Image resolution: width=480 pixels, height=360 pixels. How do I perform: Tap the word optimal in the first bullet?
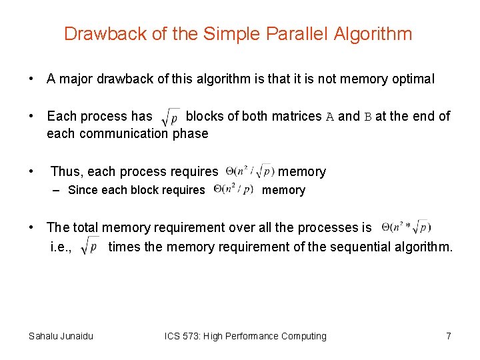(x=411, y=79)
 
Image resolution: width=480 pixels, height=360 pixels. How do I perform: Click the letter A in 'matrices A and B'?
(x=330, y=117)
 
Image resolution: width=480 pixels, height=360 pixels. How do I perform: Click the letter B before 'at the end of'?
(x=367, y=117)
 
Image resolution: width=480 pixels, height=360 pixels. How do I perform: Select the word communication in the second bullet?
(x=123, y=133)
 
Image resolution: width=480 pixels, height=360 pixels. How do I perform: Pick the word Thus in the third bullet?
(x=65, y=172)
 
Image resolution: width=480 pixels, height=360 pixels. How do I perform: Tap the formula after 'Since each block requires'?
(x=233, y=190)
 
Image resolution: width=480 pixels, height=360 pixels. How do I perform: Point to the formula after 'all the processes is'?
(x=406, y=227)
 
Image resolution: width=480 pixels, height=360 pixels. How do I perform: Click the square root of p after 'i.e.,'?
(x=89, y=247)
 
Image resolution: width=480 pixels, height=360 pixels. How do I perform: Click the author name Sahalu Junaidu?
(x=61, y=336)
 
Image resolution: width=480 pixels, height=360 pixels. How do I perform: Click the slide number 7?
(x=449, y=336)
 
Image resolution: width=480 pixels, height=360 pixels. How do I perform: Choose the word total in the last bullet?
(x=86, y=228)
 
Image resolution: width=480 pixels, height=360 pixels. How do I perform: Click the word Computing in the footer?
(x=303, y=336)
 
